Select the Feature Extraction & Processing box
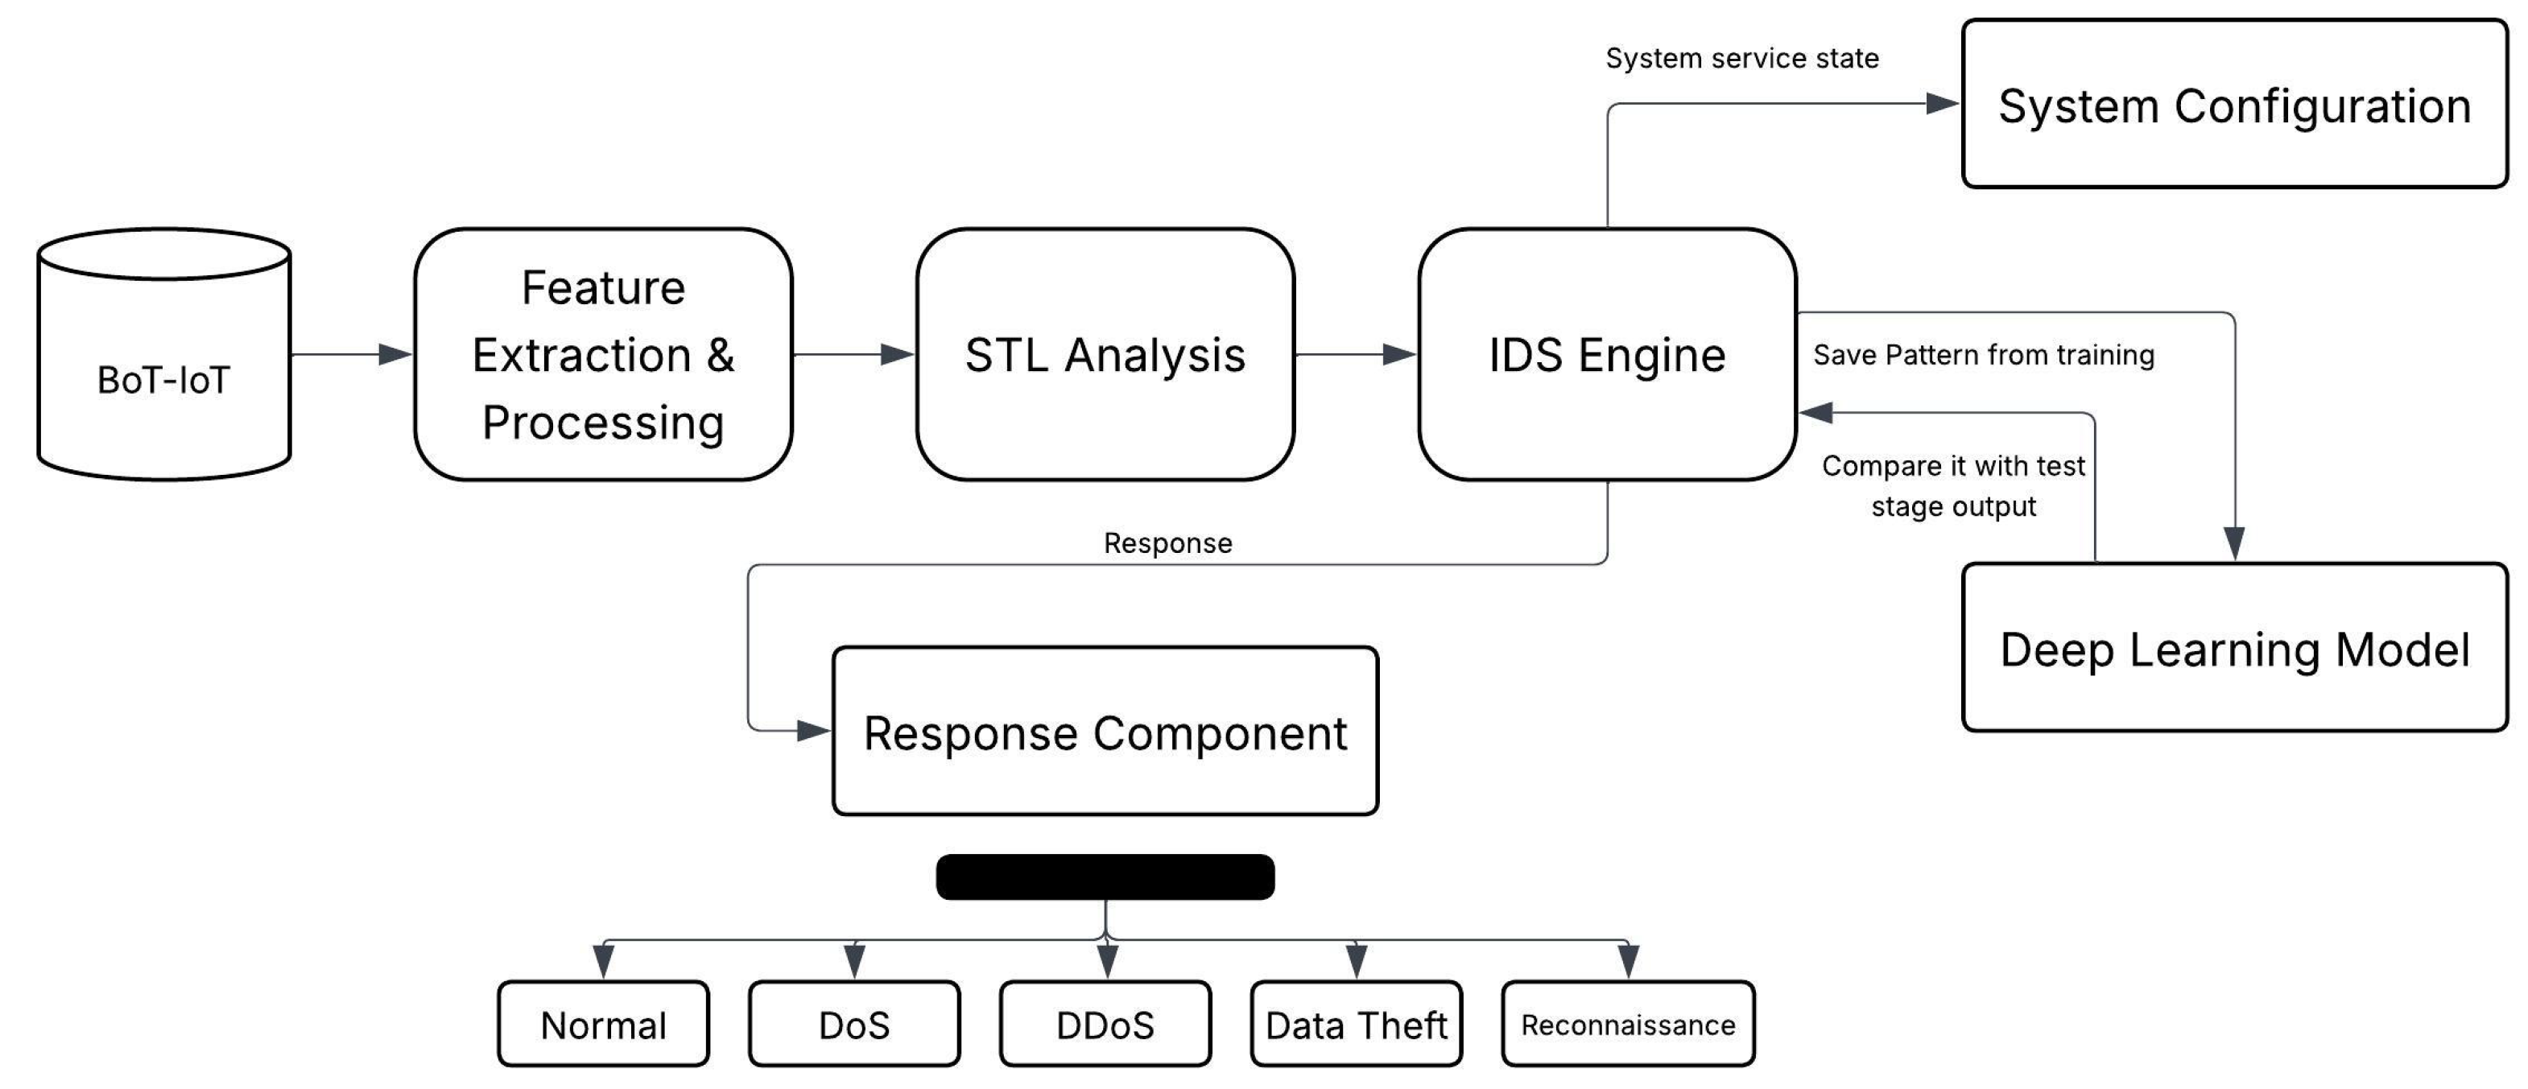602,354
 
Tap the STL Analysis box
1105,354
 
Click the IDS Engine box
1606,354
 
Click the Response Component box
1105,731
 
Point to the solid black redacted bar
1105,876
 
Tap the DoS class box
853,1025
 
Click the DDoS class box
1105,1025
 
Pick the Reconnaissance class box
1627,1025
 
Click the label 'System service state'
1742,58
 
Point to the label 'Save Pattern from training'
1983,354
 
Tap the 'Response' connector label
1168,542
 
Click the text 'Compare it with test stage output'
1953,485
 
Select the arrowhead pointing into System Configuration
1942,103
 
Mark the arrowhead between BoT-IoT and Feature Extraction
394,354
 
